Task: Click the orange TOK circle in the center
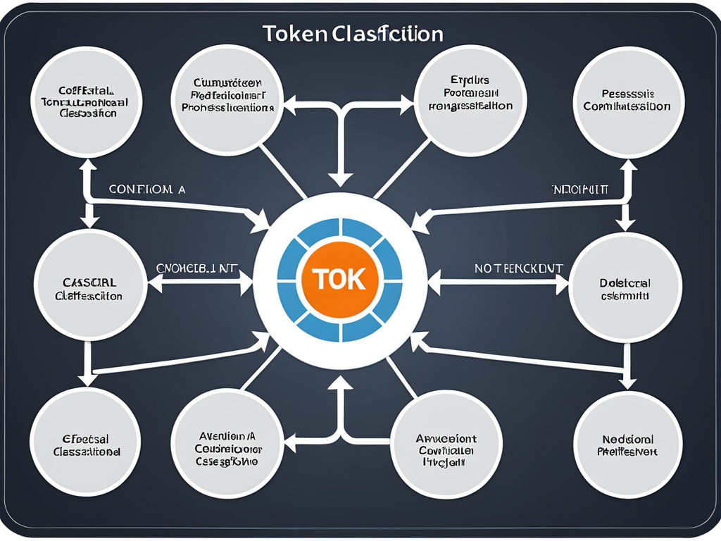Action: [340, 279]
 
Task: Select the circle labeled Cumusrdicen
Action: [227, 99]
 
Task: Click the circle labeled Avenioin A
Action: [227, 445]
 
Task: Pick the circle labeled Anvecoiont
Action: [446, 445]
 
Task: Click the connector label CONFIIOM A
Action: [147, 189]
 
